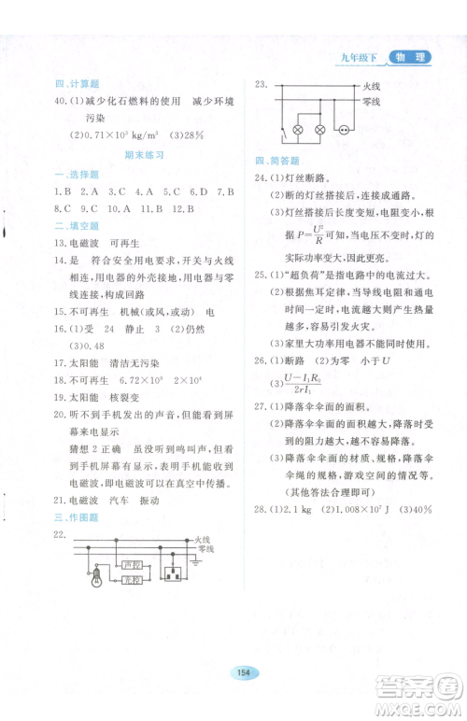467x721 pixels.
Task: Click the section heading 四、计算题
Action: click(x=75, y=82)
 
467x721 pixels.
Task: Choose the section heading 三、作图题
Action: click(x=75, y=516)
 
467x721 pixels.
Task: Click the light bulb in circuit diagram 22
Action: click(x=96, y=580)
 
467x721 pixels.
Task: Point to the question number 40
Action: click(x=62, y=100)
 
